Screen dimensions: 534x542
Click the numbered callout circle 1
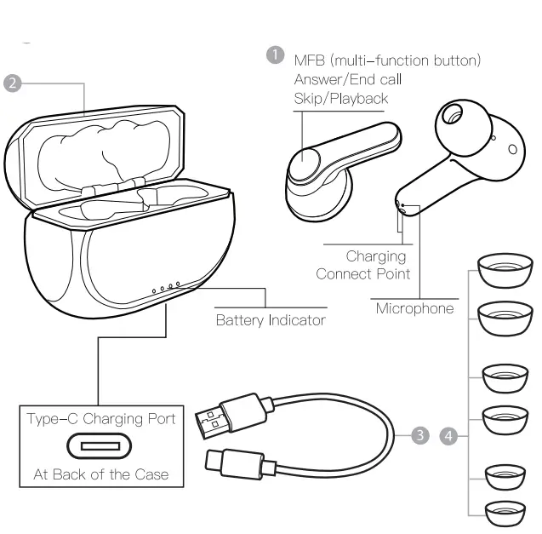point(275,55)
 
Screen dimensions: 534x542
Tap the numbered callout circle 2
point(12,83)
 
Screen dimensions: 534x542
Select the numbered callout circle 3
point(419,436)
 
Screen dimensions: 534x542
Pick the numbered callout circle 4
point(449,436)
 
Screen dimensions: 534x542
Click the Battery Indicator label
point(270,320)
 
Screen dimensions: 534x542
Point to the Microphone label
point(414,308)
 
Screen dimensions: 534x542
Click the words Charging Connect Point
point(363,265)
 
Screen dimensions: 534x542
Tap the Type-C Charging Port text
point(100,418)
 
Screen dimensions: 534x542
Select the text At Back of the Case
point(100,474)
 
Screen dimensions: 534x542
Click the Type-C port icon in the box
point(100,446)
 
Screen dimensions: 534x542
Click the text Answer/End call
point(347,79)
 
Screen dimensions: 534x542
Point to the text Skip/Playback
point(340,98)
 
